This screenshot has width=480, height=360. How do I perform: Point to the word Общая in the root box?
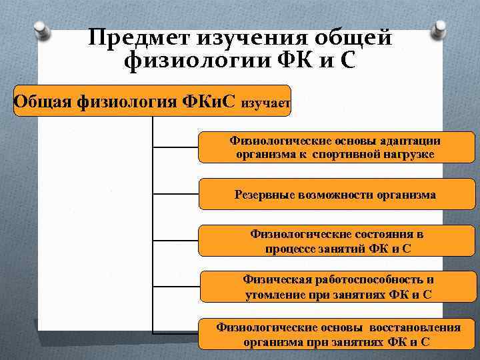(x=43, y=101)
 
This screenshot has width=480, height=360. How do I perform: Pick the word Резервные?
(x=264, y=195)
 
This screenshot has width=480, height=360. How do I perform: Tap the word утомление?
(x=273, y=293)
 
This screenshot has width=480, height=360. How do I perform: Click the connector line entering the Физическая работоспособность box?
(x=176, y=287)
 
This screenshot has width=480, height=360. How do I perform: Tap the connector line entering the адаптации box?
(x=176, y=146)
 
